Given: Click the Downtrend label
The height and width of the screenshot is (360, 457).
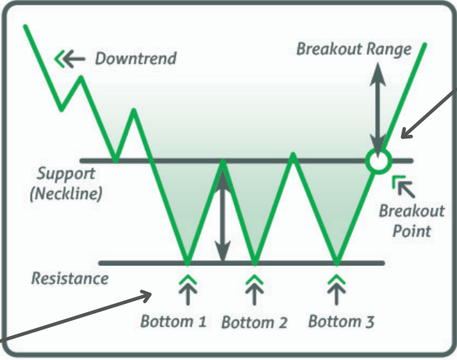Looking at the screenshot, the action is click(x=136, y=58).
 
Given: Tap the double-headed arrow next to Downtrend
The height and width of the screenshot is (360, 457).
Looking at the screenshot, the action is click(x=70, y=59).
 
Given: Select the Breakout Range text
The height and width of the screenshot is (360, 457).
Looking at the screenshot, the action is click(x=354, y=49).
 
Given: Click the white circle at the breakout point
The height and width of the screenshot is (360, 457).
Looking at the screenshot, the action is click(x=378, y=161).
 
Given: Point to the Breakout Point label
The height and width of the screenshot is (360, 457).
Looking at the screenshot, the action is click(x=412, y=221).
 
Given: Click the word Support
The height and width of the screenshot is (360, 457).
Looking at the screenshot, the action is click(x=66, y=174).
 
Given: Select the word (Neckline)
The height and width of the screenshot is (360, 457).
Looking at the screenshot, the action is click(x=66, y=193).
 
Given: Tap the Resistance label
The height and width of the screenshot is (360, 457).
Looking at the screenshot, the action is click(x=70, y=278).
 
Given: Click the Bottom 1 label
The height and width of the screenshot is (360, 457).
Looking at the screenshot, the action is click(x=173, y=321).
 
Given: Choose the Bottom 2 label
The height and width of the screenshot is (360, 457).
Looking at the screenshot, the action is click(x=254, y=322).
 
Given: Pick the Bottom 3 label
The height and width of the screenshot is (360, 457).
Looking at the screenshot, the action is click(x=341, y=321).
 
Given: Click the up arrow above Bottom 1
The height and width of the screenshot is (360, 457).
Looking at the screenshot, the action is click(x=188, y=290).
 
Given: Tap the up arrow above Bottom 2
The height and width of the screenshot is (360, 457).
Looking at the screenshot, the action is click(x=254, y=290).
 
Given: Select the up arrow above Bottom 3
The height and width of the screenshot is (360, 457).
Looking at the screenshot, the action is click(x=337, y=290).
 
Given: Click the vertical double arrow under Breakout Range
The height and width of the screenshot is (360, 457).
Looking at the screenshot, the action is click(x=378, y=110).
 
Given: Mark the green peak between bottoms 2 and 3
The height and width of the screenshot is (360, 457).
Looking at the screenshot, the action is click(x=293, y=154).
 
